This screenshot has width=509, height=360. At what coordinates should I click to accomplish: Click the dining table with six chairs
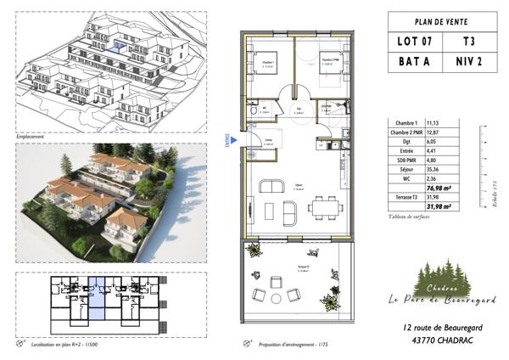click(x=321, y=205)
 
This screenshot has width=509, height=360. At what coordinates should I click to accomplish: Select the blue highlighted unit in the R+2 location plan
click(x=97, y=299)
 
